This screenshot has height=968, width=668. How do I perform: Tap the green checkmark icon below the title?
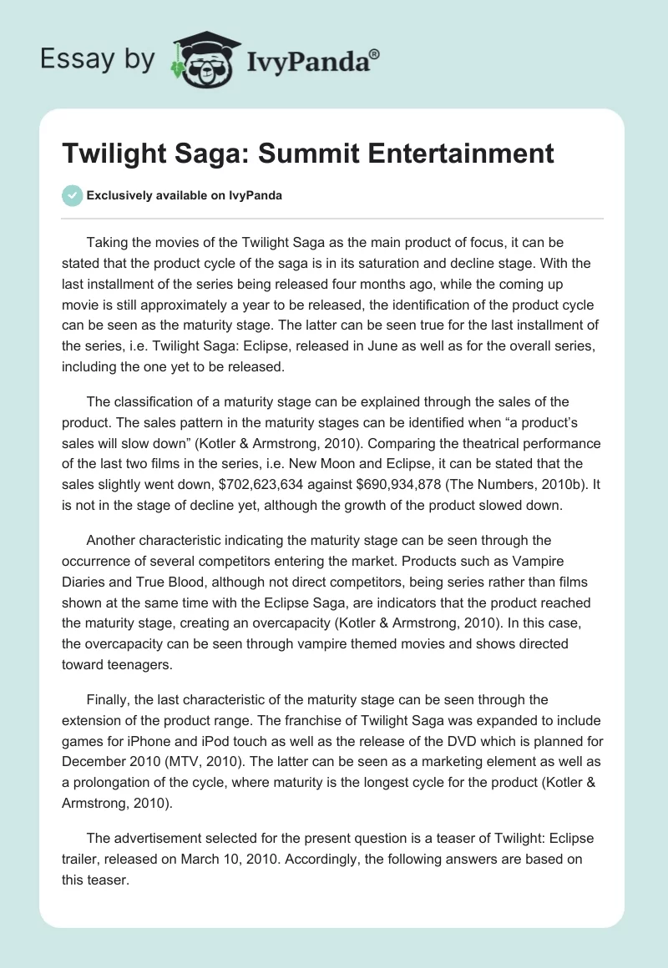(72, 195)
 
